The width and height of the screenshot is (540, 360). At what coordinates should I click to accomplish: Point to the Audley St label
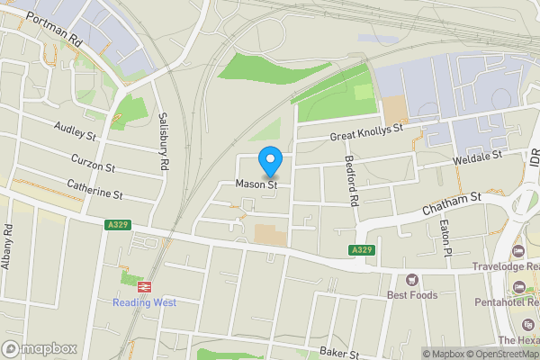pyautogui.click(x=75, y=132)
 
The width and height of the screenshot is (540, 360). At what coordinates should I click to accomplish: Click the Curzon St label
pyautogui.click(x=94, y=163)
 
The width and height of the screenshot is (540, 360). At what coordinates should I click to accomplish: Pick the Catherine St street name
pyautogui.click(x=94, y=189)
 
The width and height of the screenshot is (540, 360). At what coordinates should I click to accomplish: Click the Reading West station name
pyautogui.click(x=144, y=302)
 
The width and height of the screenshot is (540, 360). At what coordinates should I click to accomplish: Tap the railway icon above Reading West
pyautogui.click(x=143, y=285)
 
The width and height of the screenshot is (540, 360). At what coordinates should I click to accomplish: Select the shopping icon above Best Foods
pyautogui.click(x=412, y=279)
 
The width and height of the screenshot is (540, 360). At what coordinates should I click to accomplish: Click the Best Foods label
pyautogui.click(x=414, y=295)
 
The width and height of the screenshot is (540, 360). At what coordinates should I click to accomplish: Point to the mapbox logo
pyautogui.click(x=40, y=348)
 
